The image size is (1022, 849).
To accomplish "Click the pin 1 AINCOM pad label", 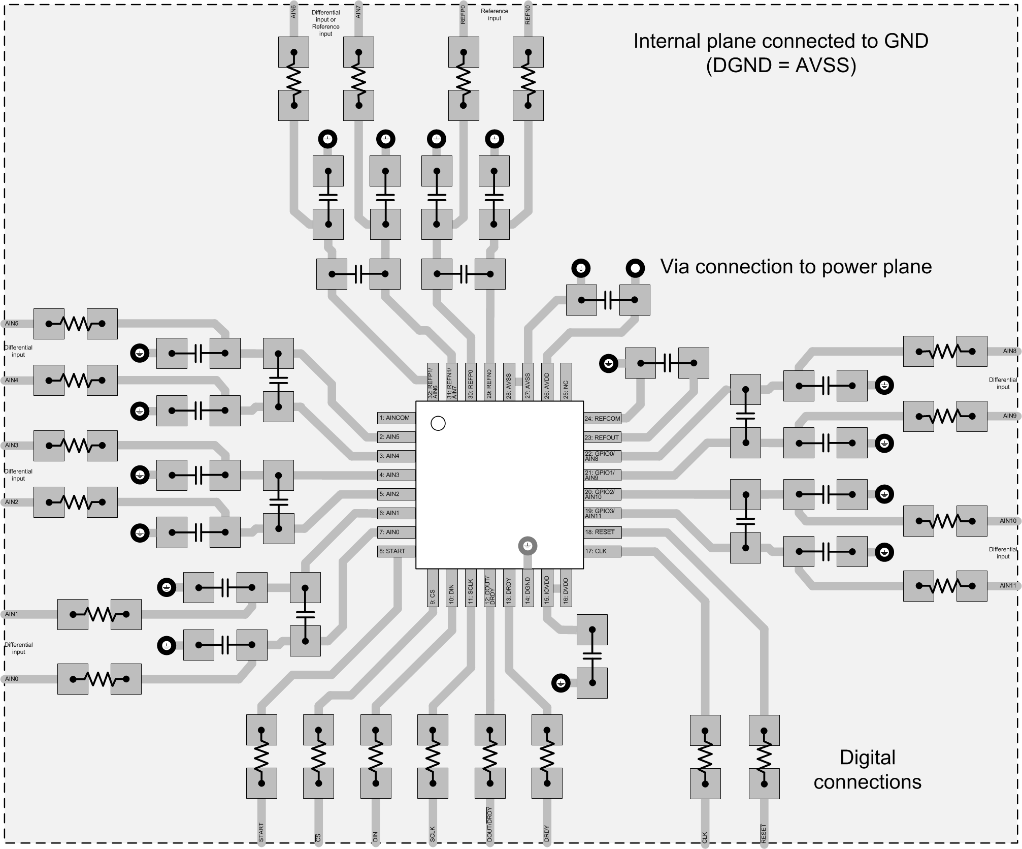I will (397, 418).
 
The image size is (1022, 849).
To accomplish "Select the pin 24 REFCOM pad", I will (602, 419).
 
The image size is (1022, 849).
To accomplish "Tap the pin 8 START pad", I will (397, 551).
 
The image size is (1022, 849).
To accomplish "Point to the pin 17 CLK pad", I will (602, 551).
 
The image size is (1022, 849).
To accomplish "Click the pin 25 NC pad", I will (566, 382).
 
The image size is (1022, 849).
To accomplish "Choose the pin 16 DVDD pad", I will (566, 588).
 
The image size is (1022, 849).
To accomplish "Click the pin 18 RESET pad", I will (602, 532).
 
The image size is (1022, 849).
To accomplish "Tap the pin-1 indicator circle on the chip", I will (438, 423).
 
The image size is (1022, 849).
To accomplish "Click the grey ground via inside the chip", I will (528, 546).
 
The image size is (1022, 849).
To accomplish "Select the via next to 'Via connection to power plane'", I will (635, 268).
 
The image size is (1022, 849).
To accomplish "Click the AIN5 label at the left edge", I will (12, 324).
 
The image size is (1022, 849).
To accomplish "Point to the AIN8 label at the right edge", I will (1009, 351).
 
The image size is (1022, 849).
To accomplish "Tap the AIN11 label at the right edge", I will (1008, 586).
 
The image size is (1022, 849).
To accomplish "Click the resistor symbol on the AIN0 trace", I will (100, 679).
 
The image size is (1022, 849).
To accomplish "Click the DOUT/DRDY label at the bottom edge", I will (489, 825).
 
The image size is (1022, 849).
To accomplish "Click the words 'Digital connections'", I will (867, 770).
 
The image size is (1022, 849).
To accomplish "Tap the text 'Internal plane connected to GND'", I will (780, 41).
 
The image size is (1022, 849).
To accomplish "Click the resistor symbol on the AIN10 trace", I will (945, 521).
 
